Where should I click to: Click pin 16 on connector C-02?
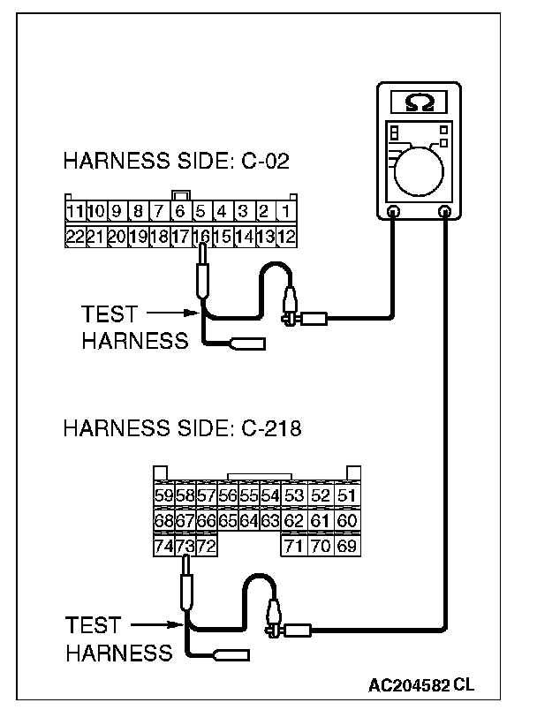(202, 237)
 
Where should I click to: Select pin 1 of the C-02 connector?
(287, 213)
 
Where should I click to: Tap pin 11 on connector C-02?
(74, 213)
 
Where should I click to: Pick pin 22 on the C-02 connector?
(74, 237)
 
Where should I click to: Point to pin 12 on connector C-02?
(287, 237)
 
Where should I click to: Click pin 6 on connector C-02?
(180, 213)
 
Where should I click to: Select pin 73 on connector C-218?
(185, 548)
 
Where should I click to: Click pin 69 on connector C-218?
(347, 548)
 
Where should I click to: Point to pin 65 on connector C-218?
(228, 522)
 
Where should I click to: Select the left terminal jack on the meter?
(394, 212)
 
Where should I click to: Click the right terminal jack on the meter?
(446, 212)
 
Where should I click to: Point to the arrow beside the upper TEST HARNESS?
(168, 313)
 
